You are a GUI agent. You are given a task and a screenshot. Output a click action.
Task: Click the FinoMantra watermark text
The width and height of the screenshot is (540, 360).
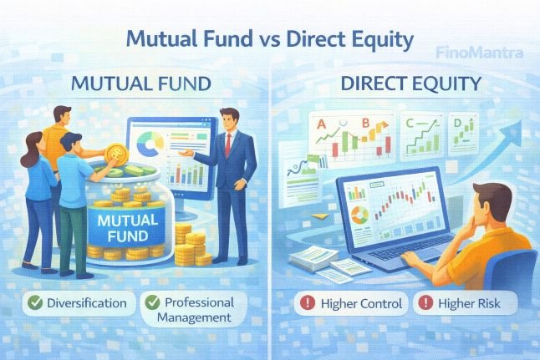click(480, 53)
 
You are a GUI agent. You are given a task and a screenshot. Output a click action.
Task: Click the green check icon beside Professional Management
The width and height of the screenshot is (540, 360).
click(151, 302)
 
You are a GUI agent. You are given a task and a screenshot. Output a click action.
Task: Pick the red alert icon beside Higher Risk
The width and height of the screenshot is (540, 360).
click(427, 303)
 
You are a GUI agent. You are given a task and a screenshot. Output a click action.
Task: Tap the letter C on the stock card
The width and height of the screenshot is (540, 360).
click(409, 124)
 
